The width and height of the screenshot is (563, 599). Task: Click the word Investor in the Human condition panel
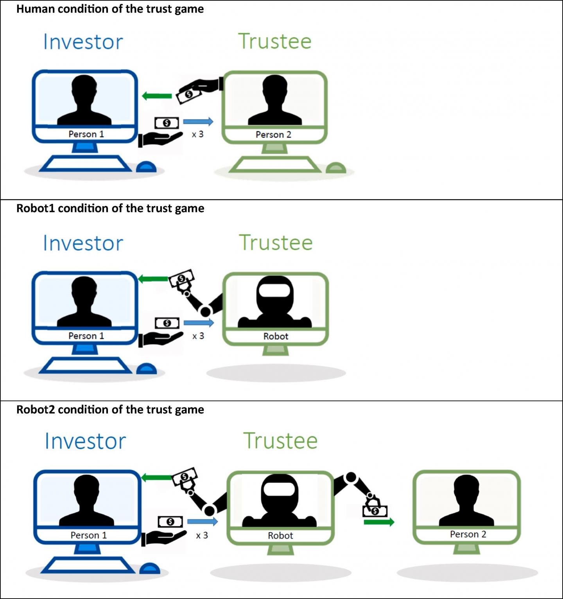[83, 42]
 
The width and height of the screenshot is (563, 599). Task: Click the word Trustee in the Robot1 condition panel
[276, 243]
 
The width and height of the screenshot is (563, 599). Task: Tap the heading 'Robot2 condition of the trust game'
[110, 410]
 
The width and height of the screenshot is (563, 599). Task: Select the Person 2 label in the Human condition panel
[273, 135]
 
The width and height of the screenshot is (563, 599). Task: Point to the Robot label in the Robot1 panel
[276, 336]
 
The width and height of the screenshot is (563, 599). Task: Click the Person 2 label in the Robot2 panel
[468, 534]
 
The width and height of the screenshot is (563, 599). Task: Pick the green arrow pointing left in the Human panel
[157, 96]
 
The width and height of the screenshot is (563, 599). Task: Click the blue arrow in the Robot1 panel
[199, 323]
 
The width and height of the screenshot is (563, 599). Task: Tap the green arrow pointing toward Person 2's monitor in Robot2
[379, 522]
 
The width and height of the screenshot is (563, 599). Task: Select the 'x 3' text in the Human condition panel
[197, 134]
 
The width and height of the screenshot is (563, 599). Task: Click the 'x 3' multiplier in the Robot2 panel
[202, 535]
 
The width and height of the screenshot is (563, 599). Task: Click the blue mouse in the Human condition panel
[146, 167]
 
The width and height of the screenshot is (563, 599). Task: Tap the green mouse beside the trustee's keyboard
[336, 168]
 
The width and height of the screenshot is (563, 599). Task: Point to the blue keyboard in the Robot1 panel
[85, 365]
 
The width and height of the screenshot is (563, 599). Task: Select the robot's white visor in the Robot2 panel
[279, 489]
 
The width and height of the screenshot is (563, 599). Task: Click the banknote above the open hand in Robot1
[167, 323]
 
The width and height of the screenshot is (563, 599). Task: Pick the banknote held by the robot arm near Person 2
[375, 511]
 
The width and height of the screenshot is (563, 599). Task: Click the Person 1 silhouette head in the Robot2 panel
[86, 487]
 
